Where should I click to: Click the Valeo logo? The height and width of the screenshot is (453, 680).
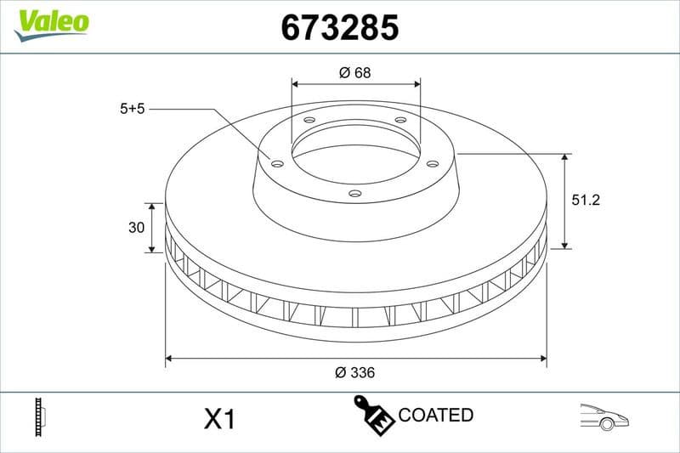[x=51, y=21]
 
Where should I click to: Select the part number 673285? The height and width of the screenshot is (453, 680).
[x=340, y=27]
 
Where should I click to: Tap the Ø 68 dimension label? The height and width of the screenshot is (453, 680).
[x=355, y=73]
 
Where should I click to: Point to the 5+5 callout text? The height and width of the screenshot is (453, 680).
[x=133, y=109]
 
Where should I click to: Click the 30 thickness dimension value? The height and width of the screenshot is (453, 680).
[x=133, y=228]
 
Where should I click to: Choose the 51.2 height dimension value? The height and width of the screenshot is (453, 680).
[x=587, y=201]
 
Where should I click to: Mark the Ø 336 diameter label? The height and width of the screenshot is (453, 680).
[x=355, y=373]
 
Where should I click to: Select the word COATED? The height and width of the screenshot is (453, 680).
[x=435, y=416]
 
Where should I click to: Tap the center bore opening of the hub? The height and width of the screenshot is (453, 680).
[x=355, y=156]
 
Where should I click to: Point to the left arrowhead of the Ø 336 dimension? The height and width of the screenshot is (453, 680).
[x=169, y=359]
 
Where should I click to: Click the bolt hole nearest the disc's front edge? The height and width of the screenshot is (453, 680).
[x=355, y=194]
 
